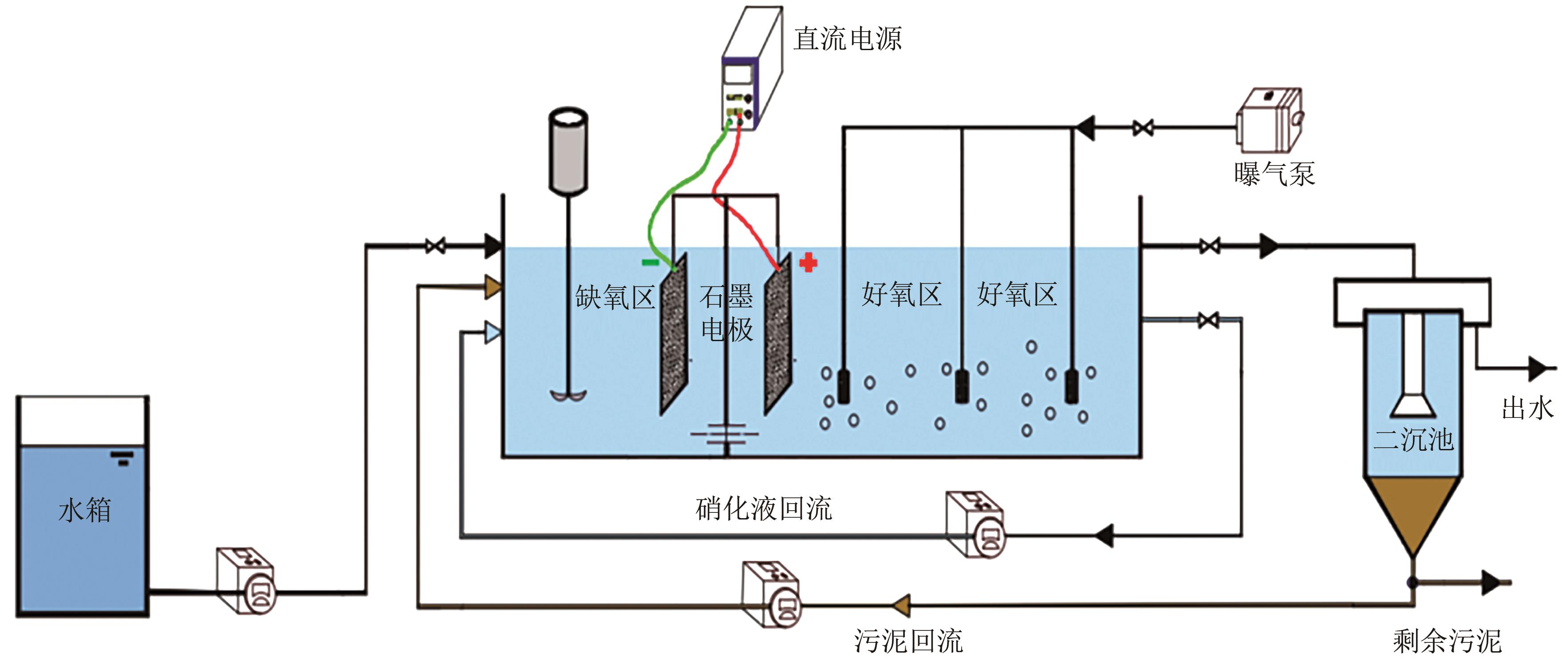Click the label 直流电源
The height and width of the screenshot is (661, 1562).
848,39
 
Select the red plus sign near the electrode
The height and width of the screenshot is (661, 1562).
808,263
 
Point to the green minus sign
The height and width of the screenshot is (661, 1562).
651,262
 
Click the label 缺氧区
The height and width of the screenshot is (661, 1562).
615,298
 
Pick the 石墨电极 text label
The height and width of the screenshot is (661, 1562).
726,313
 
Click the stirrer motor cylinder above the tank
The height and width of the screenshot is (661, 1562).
568,152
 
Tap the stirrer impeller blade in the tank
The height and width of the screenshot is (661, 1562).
568,395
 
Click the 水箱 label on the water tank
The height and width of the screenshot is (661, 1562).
85,509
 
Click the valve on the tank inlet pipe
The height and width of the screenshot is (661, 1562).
435,246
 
